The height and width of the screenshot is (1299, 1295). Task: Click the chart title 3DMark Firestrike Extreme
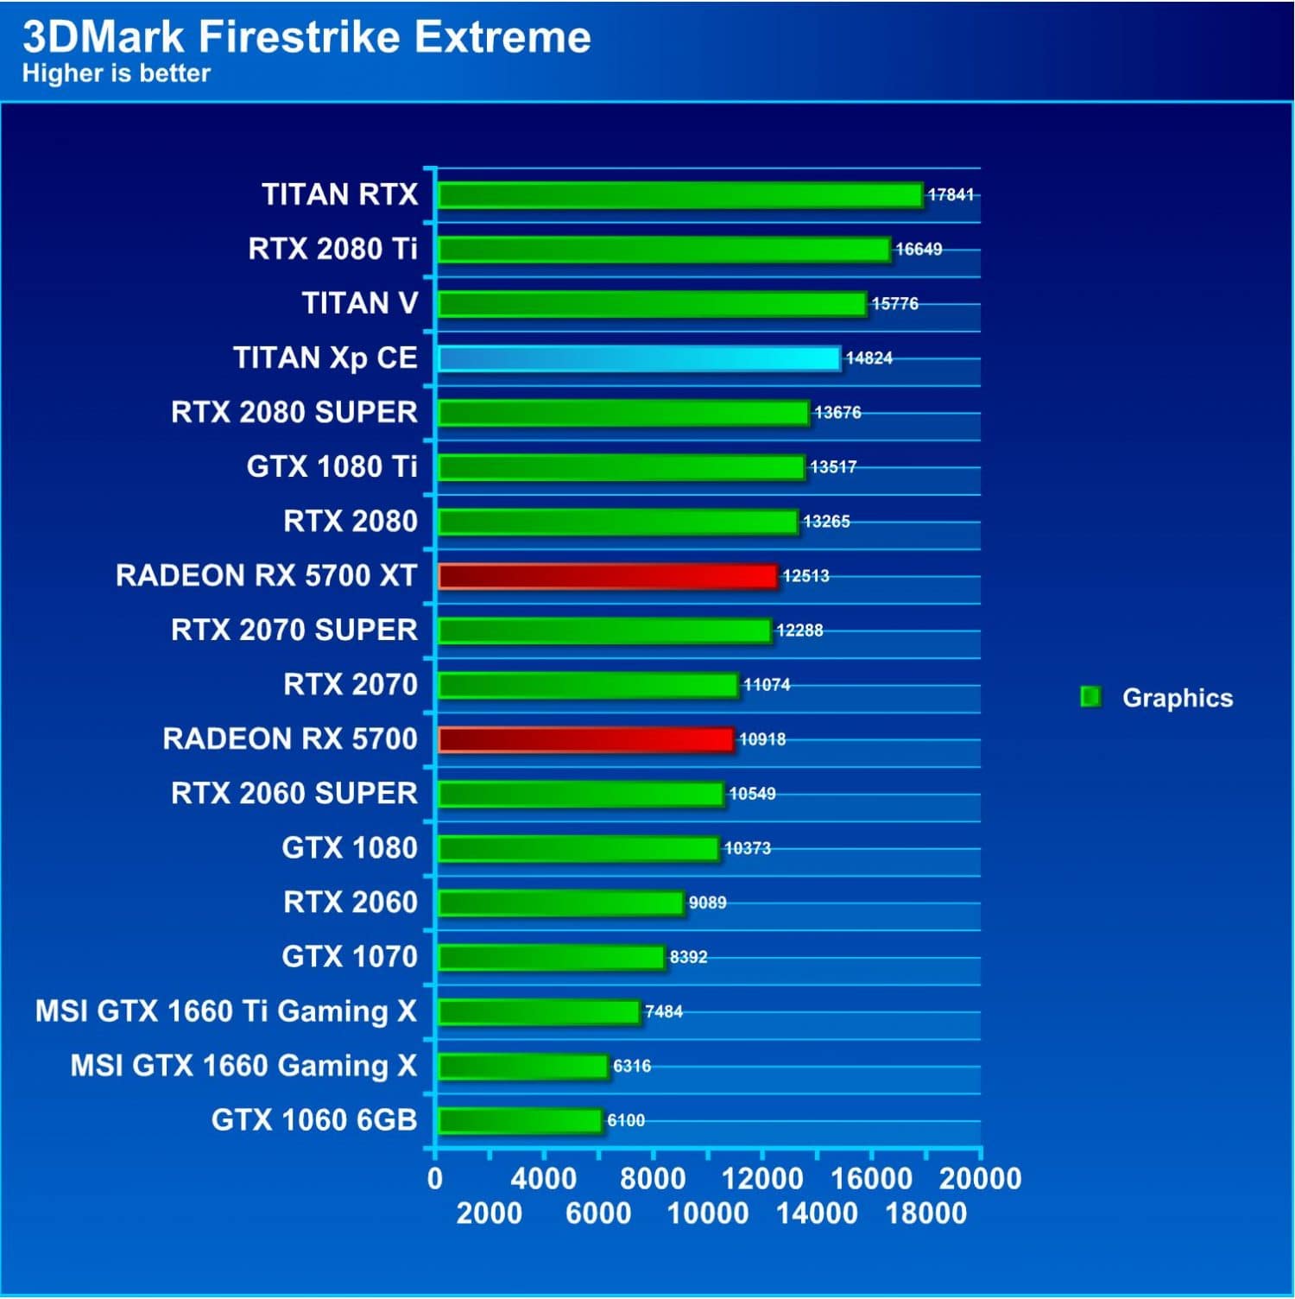click(306, 36)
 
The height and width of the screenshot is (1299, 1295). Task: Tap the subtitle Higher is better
click(116, 73)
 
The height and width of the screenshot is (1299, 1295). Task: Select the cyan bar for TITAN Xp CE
click(639, 358)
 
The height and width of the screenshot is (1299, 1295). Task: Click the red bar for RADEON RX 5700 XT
click(608, 576)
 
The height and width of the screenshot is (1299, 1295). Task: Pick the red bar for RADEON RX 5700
click(586, 739)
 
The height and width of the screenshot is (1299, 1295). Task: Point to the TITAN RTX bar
click(680, 195)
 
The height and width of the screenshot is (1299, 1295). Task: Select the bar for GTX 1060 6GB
click(520, 1121)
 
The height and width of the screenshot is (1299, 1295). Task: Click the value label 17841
click(951, 195)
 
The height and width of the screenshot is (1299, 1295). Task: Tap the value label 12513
click(805, 576)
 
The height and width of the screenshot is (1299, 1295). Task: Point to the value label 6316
click(632, 1067)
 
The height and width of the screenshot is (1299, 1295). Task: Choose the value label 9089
click(707, 903)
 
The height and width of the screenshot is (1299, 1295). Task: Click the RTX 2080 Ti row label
click(332, 250)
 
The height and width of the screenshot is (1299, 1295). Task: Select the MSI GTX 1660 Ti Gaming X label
click(225, 1011)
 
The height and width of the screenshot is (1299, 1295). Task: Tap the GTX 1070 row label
click(349, 957)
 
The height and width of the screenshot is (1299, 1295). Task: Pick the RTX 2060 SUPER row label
click(294, 794)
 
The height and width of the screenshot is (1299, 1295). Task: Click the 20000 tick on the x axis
click(980, 1179)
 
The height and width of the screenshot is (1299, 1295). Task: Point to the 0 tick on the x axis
click(435, 1179)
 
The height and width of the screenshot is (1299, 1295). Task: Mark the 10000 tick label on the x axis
click(708, 1213)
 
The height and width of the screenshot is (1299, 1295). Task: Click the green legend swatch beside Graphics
click(1090, 697)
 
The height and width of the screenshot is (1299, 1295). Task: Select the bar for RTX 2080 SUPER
click(623, 413)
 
